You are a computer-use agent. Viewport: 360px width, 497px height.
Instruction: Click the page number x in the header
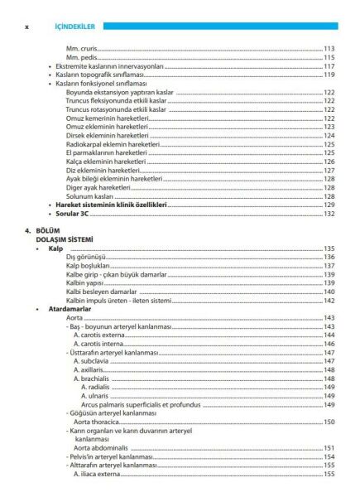[27, 26]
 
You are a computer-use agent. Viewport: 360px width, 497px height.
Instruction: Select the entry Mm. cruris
[83, 49]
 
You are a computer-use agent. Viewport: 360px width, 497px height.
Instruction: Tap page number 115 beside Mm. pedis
[329, 57]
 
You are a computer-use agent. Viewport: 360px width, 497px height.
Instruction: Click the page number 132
[329, 214]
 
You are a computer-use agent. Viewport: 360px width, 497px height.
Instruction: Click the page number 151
[329, 447]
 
